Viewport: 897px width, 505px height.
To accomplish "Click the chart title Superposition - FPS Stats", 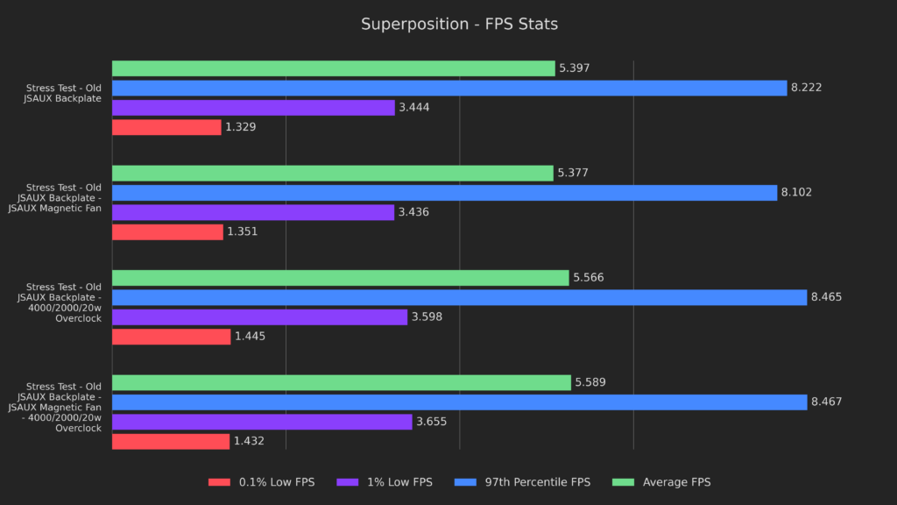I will [459, 24].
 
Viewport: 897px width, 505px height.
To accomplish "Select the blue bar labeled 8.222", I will [449, 88].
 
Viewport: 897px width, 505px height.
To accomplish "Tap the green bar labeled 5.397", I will [333, 68].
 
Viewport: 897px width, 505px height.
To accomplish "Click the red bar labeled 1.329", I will [166, 127].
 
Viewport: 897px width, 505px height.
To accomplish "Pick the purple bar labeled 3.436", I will [253, 212].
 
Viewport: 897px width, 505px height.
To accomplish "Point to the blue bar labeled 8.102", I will [444, 193].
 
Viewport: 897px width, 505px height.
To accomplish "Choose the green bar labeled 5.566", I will [340, 278].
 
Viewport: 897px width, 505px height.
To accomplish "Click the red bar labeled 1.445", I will [171, 337].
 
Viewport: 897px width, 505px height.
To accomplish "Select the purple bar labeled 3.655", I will [262, 422].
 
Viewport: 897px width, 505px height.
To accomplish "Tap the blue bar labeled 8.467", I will [459, 402].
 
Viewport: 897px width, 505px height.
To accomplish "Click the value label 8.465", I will [828, 298].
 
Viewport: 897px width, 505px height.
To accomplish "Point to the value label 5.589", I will [591, 383].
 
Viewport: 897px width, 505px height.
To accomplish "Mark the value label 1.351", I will [243, 232].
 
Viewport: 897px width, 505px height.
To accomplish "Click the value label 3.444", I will [413, 108].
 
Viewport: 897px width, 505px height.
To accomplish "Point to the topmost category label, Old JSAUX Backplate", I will [64, 93].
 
